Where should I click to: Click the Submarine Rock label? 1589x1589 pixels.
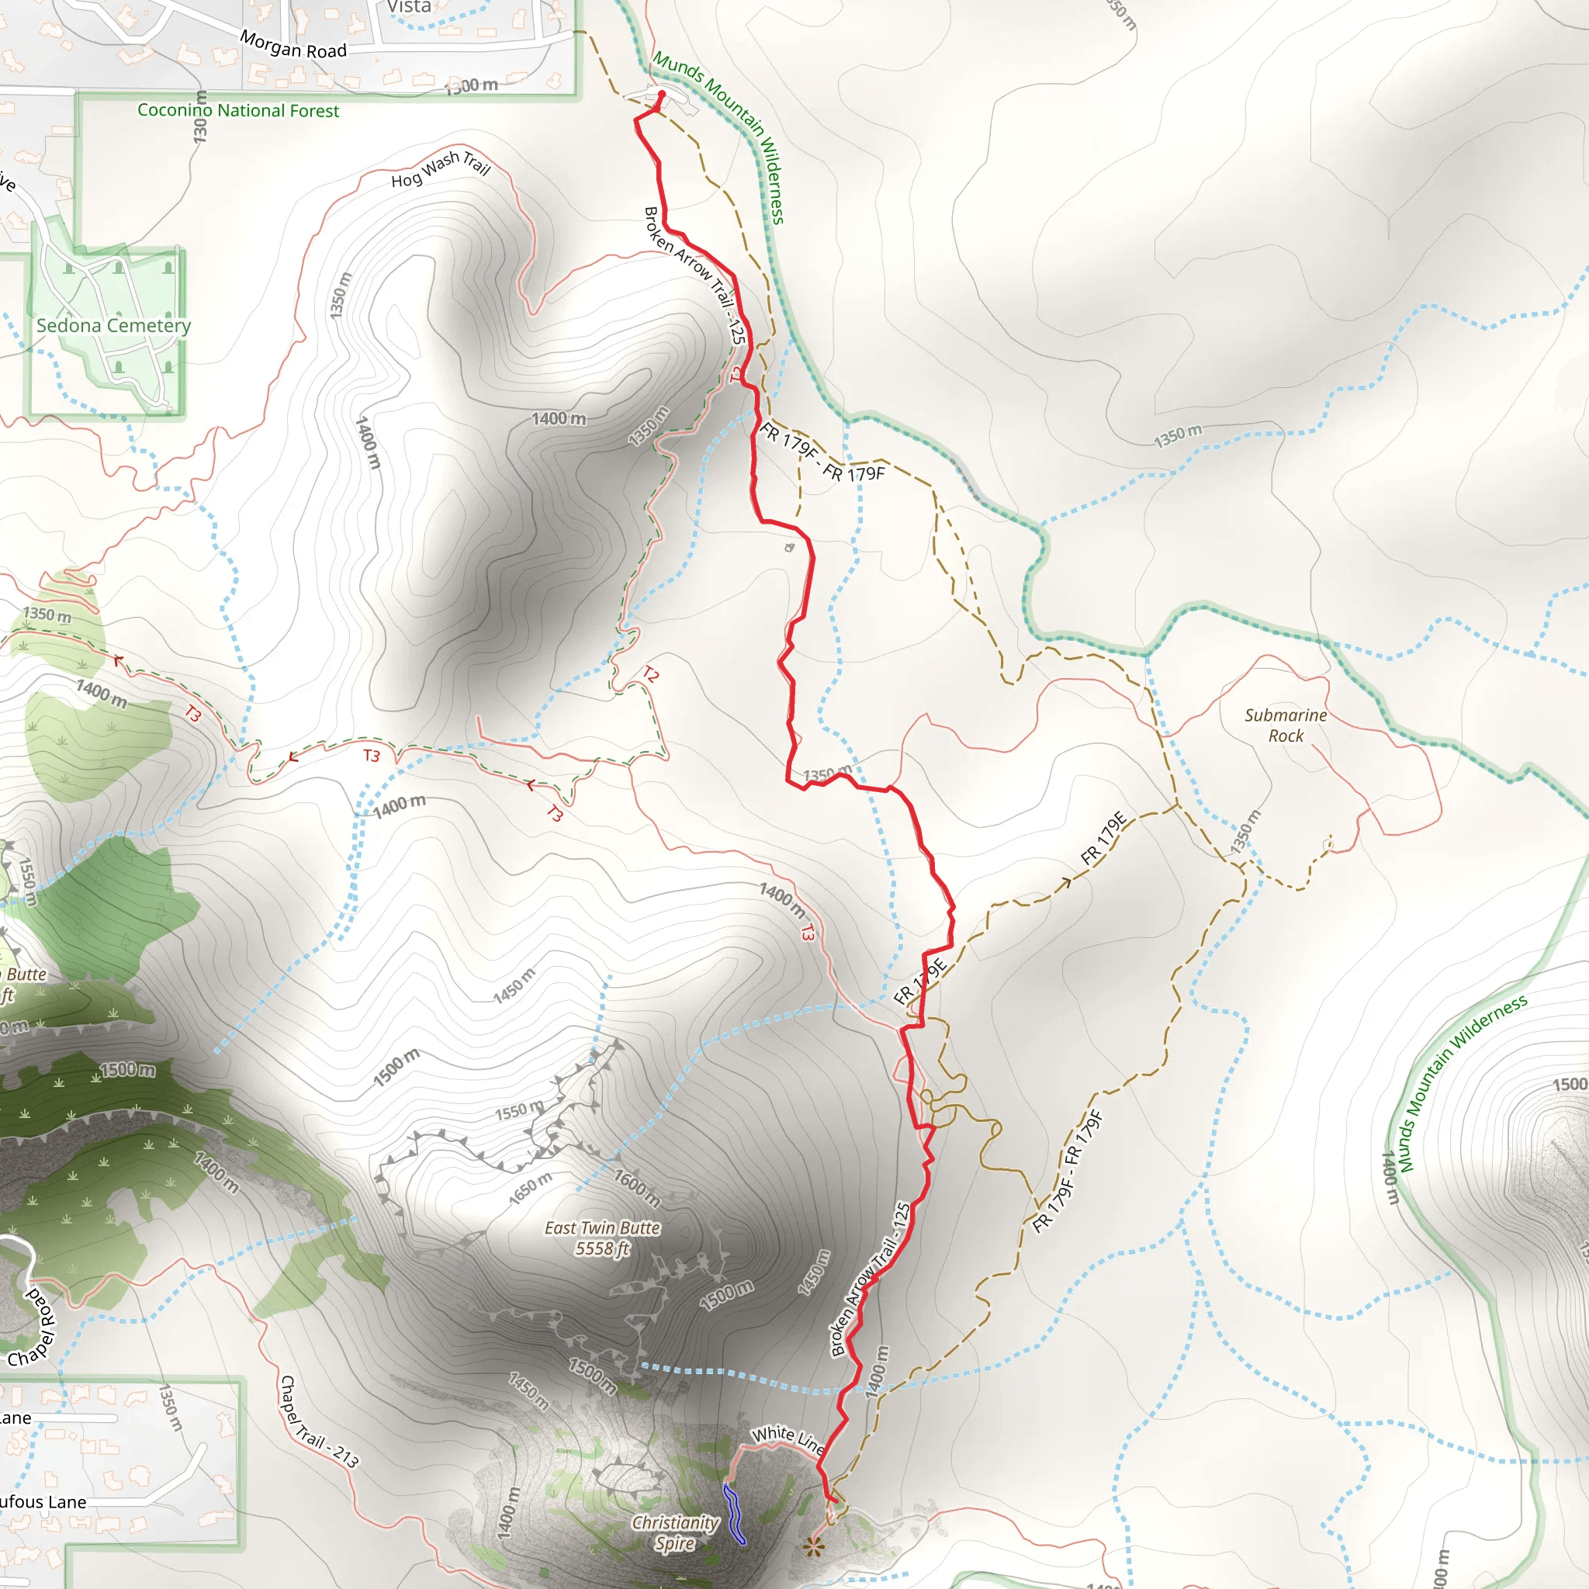point(1286,725)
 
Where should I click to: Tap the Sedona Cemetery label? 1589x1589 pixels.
point(113,326)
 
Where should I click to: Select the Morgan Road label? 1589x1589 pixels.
point(293,44)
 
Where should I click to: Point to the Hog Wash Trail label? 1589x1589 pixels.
point(441,168)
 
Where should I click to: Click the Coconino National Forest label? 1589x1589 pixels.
point(237,110)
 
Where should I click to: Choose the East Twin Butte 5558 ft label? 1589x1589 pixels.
point(602,1238)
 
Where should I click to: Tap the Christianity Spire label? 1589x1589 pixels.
point(675,1532)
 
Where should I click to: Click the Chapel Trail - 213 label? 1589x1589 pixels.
point(319,1422)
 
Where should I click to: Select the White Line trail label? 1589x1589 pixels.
point(788,1439)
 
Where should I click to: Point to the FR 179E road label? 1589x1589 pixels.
point(1103,838)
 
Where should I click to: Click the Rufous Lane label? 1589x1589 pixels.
point(41,1502)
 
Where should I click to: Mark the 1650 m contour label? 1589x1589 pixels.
point(530,1189)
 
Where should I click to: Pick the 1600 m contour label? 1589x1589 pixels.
point(638,1188)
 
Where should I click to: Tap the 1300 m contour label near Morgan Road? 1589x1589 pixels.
point(472,85)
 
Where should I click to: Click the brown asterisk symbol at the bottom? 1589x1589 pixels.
point(814,1547)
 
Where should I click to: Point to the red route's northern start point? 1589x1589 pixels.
point(661,95)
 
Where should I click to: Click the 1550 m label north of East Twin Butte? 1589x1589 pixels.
point(519,1111)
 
